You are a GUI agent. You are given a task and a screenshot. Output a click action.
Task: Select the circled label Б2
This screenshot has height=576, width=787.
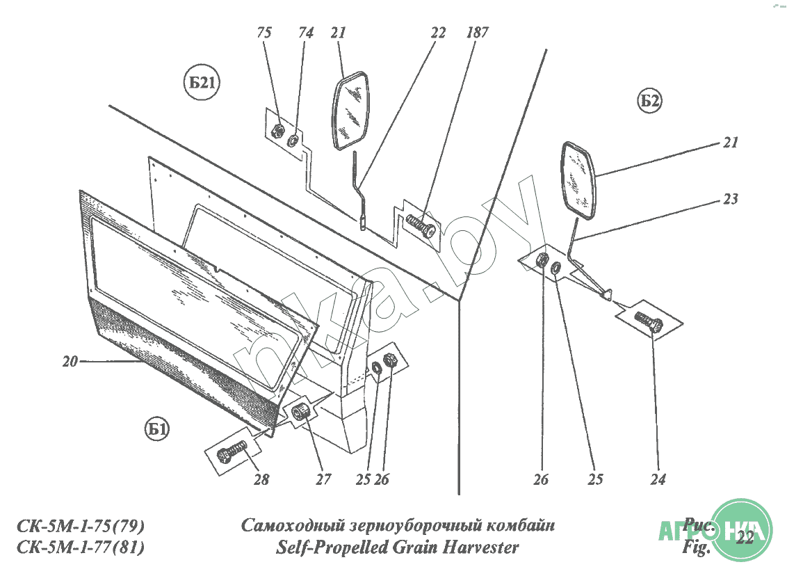pos(649,102)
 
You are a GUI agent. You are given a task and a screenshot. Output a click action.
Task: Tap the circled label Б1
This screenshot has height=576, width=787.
pos(157,430)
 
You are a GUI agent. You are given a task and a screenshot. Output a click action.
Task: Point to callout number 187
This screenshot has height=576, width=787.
pos(478,33)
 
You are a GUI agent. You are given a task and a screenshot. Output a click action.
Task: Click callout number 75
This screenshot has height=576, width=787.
pos(264,33)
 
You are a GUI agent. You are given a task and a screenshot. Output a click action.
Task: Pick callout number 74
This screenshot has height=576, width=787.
pos(306,33)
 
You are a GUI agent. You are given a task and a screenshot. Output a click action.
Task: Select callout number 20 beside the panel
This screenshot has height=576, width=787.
pos(70,361)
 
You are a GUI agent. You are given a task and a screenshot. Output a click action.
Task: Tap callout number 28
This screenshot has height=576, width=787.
pos(261,479)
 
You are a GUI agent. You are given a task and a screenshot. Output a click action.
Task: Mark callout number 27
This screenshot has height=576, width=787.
pos(323,479)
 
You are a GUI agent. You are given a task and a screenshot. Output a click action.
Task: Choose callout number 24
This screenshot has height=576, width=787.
pos(658,479)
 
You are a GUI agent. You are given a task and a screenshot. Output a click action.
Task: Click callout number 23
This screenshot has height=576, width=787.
pos(730,199)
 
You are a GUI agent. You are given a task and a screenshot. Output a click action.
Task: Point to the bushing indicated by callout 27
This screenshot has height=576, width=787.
pos(301,412)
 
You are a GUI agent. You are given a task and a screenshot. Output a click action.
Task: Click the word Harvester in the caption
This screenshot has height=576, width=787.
pos(479,547)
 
